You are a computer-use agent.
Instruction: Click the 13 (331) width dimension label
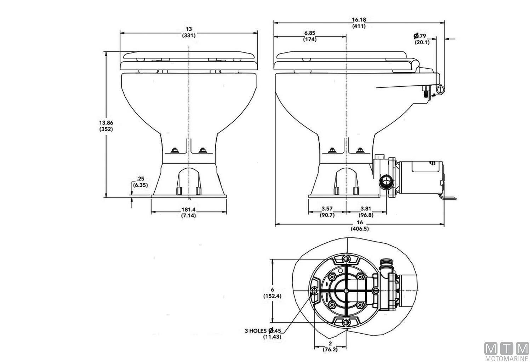[x=189, y=32]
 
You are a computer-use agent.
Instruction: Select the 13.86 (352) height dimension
[x=106, y=126]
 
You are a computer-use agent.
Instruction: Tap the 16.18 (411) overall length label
[x=359, y=23]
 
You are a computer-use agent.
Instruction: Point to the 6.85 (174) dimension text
[x=310, y=36]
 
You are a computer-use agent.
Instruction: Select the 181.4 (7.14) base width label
[x=189, y=212]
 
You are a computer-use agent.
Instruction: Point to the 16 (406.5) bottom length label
[x=360, y=225]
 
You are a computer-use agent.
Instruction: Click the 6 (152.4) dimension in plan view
[x=272, y=293]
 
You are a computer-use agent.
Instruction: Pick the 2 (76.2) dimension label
[x=330, y=346]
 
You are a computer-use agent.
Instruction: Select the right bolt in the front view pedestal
[x=202, y=151]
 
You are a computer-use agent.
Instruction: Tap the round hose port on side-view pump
[x=385, y=183]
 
